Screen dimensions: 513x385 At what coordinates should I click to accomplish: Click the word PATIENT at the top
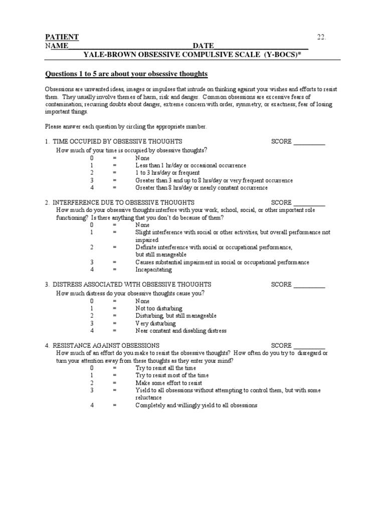62,38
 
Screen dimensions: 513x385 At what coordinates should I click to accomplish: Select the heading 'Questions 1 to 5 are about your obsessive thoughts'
126,74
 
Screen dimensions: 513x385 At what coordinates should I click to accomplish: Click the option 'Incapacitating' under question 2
153,270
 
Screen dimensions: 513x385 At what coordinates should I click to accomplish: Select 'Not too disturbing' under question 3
159,308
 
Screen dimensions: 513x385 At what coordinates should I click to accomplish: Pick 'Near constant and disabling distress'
181,331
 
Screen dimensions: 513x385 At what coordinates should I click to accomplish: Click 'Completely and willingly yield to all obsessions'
196,405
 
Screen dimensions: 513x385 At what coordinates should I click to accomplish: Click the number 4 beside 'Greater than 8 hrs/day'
92,188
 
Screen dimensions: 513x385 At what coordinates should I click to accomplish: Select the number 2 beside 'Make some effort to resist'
92,383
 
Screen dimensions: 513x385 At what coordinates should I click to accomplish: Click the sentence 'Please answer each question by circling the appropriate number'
126,127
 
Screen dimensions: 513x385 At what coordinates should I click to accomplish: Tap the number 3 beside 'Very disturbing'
92,323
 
